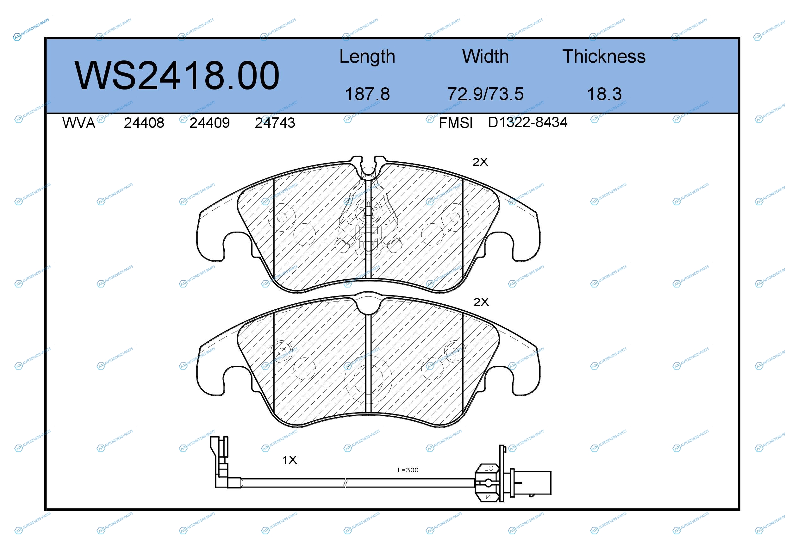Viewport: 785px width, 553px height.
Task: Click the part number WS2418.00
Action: (x=177, y=76)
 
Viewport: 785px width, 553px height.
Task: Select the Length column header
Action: (x=367, y=57)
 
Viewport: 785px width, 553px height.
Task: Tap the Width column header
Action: (x=485, y=56)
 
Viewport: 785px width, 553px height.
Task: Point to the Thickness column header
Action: (x=604, y=56)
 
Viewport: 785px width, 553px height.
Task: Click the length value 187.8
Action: (x=367, y=94)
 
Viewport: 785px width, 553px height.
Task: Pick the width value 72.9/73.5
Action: (x=485, y=94)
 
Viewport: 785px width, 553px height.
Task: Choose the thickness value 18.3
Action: (x=604, y=94)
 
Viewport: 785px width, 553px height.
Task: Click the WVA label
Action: (x=79, y=123)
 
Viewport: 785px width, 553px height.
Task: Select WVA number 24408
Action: (x=144, y=123)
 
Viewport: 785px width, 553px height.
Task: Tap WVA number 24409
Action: (x=209, y=123)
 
